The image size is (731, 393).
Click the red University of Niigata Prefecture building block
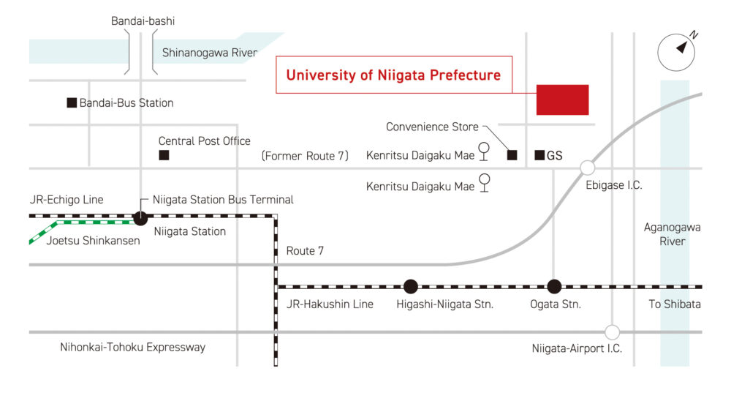[x=562, y=100]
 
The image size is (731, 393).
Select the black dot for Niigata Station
[x=140, y=217]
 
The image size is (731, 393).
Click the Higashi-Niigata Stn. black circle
[x=411, y=286]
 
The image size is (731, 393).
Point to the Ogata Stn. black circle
[x=554, y=286]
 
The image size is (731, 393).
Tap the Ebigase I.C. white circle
[x=588, y=167]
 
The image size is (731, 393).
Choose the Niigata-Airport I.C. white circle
[x=612, y=332]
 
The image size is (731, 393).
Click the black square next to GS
[x=539, y=155]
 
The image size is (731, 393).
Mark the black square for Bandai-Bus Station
[x=72, y=102]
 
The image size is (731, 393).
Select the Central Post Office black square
[x=164, y=155]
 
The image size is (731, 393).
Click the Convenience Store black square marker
[x=512, y=155]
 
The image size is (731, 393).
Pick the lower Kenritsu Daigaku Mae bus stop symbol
[x=485, y=182]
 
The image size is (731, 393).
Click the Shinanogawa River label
[x=210, y=53]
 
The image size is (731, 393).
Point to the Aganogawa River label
[x=673, y=234]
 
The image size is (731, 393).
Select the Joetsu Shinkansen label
[x=94, y=241]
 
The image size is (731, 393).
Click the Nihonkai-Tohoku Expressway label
[x=133, y=347]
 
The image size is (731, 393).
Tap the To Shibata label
[x=675, y=304]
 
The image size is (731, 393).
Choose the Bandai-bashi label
[x=143, y=21]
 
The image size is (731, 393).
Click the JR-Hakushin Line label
[x=330, y=304]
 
